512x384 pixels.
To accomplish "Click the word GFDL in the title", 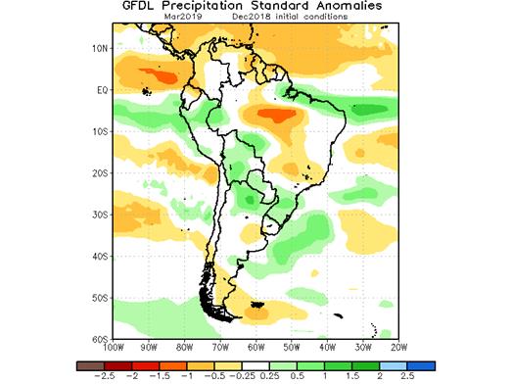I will (x=141, y=7).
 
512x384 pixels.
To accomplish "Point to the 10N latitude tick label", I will (x=98, y=48).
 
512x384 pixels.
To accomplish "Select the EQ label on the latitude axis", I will (x=100, y=90).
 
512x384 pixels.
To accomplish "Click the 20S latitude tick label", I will (x=98, y=173).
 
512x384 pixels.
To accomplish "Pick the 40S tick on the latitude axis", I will (x=98, y=257).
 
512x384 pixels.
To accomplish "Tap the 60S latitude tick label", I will (x=98, y=339).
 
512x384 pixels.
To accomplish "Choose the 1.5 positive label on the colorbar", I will (x=360, y=375).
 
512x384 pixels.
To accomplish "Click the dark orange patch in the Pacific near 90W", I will (x=158, y=74).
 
